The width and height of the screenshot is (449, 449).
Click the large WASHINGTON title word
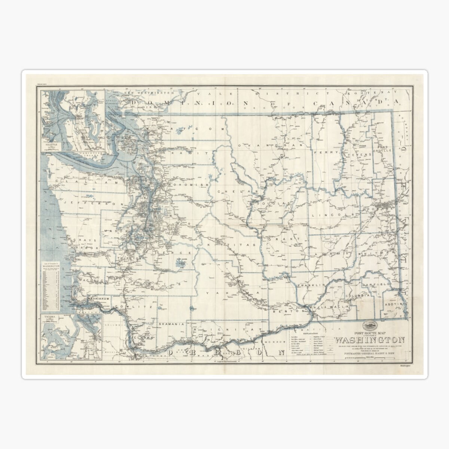[x=369, y=340]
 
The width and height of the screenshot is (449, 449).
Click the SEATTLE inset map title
[x=52, y=143]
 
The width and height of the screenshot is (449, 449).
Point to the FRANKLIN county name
[x=310, y=285]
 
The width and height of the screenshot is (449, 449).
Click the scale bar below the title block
[x=369, y=358]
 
